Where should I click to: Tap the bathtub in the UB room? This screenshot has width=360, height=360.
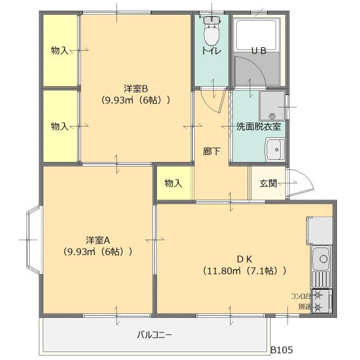(256, 35)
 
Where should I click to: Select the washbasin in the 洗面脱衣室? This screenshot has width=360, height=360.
(275, 149)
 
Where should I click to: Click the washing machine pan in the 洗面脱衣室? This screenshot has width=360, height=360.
(272, 106)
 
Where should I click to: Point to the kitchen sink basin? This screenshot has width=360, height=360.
(321, 259)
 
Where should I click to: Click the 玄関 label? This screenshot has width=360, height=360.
(268, 183)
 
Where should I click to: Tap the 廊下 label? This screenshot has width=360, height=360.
(211, 151)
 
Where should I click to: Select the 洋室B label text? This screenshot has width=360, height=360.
(136, 89)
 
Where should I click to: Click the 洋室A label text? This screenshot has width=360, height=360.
(98, 240)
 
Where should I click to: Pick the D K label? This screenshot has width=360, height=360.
(244, 259)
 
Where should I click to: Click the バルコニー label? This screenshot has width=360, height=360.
(154, 335)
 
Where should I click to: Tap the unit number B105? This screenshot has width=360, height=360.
(282, 350)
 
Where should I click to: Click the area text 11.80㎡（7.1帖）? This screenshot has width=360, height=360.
(245, 271)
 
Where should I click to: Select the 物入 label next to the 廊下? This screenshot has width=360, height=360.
(173, 183)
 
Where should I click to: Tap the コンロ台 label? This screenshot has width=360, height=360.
(300, 296)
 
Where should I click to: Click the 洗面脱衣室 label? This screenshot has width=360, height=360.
(259, 127)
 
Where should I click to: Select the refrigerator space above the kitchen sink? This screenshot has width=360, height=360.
(319, 231)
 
